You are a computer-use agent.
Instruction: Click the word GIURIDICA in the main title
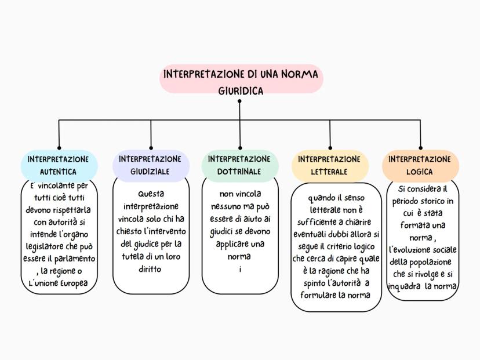coord(241,90)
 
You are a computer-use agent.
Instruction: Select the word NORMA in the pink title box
coord(299,75)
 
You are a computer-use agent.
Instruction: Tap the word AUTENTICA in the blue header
coord(58,172)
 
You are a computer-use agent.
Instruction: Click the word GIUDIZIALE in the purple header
coord(150,172)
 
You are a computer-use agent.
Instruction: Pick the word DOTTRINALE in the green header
coord(239,172)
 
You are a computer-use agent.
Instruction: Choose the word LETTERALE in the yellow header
coord(329,172)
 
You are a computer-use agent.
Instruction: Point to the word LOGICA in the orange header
coord(420,172)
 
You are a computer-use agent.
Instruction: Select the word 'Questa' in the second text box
coord(151,194)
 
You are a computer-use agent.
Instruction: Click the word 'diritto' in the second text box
coord(150,269)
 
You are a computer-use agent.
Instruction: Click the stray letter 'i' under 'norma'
coord(239,268)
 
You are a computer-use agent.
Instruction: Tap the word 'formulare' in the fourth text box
coord(318,294)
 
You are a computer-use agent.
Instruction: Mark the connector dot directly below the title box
coord(239,101)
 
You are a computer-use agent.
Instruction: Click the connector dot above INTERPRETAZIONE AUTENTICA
coord(59,148)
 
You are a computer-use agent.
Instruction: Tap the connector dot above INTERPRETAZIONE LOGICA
coord(420,148)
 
